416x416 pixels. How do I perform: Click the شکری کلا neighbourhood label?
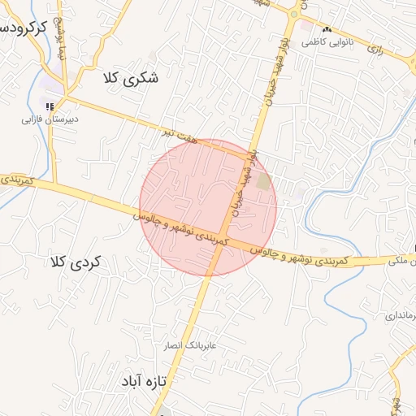click(x=131, y=80)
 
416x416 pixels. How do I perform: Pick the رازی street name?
click(x=375, y=50)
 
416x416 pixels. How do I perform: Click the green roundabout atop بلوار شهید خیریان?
click(x=294, y=14)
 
